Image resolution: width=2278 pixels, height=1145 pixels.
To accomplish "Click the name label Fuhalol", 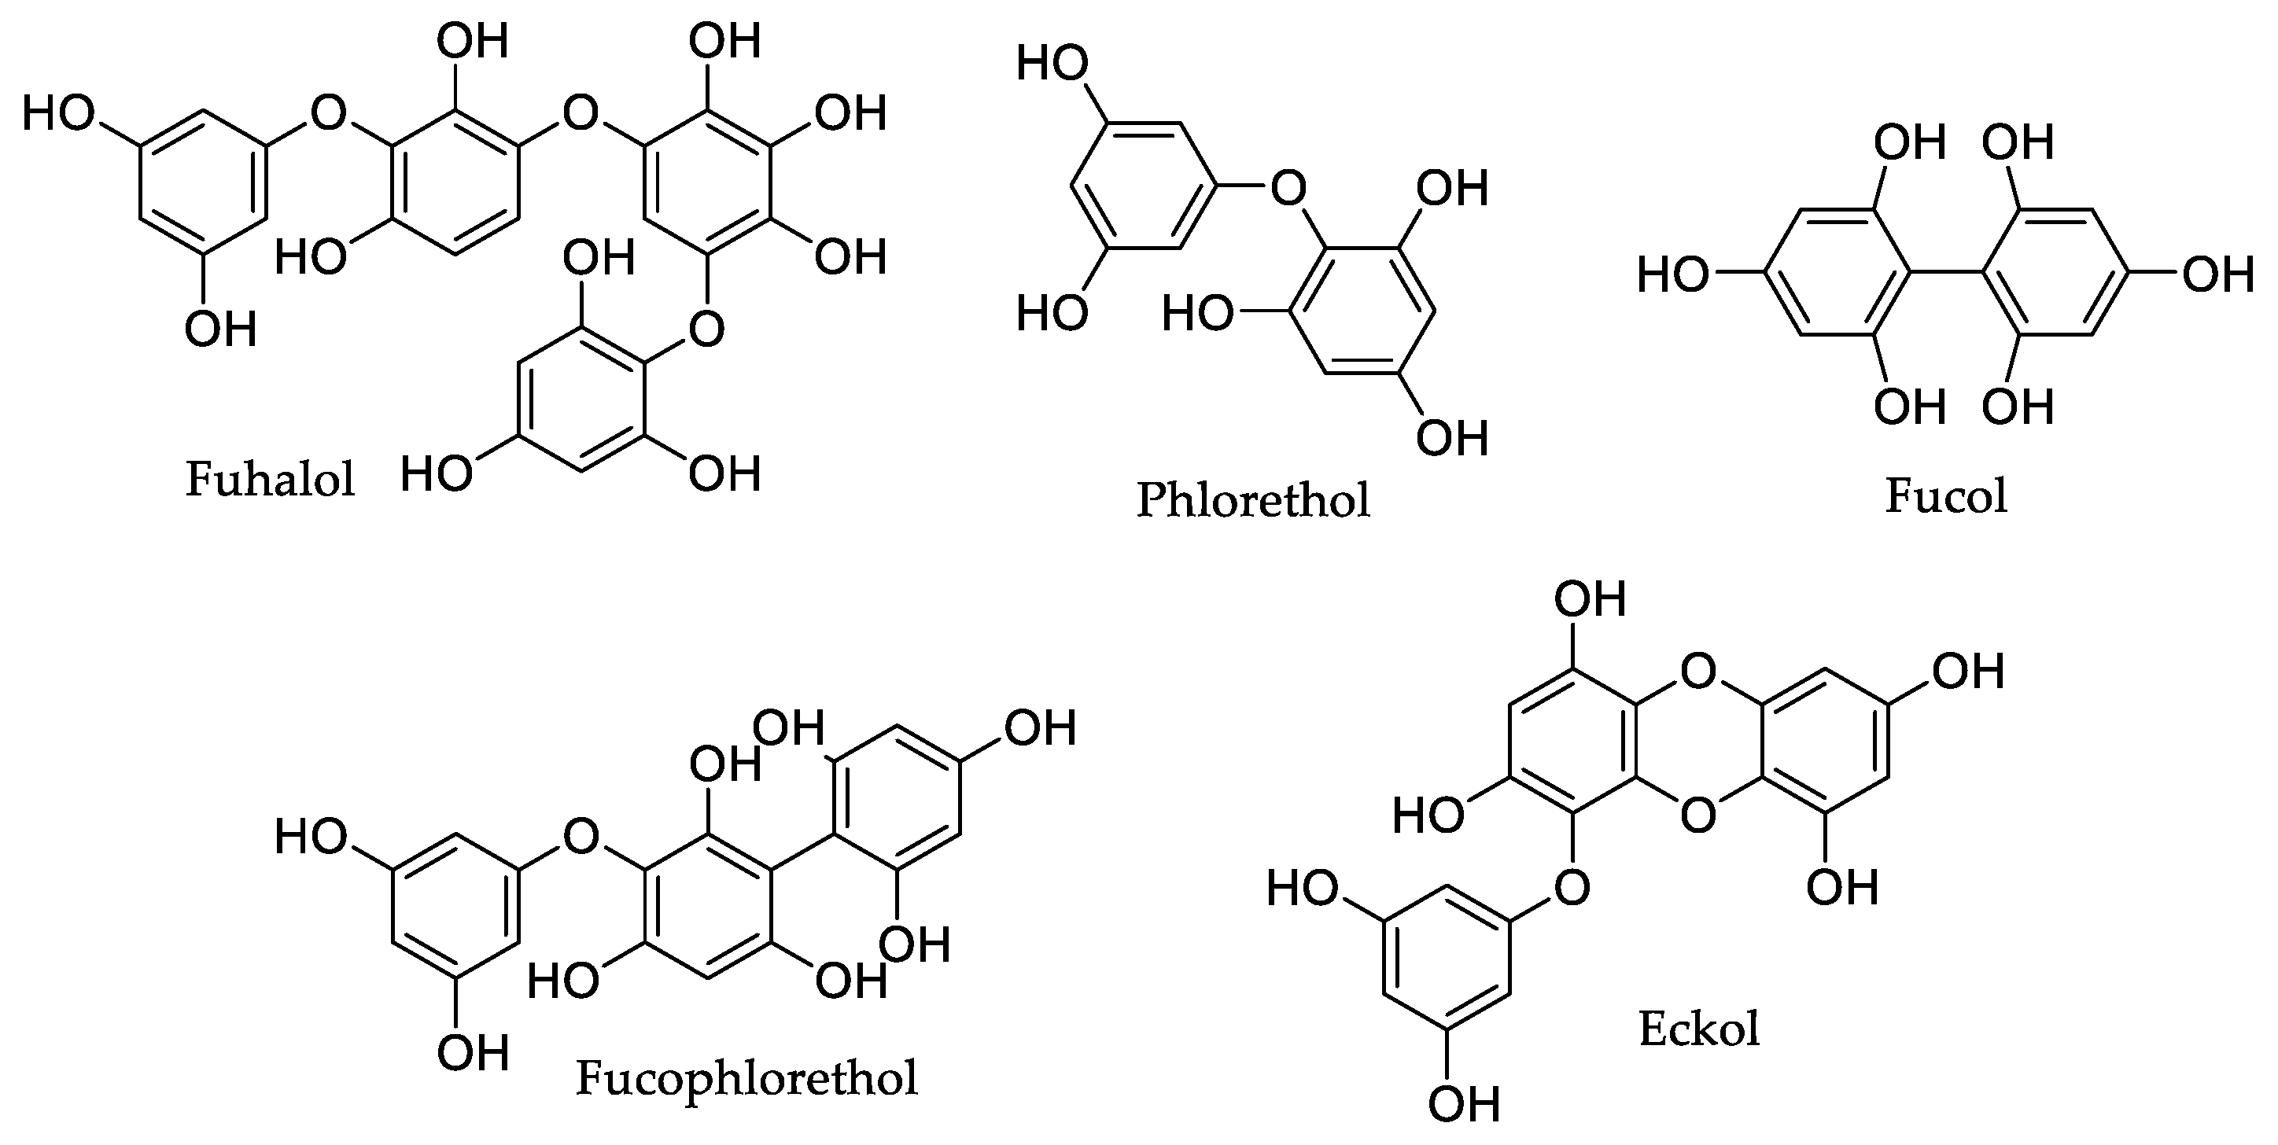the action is [x=270, y=479].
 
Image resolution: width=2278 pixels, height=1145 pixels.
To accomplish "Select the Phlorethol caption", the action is [x=1253, y=499].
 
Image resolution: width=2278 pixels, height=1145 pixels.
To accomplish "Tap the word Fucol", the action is [x=1945, y=496].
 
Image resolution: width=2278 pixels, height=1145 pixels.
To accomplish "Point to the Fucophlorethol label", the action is [x=746, y=1078].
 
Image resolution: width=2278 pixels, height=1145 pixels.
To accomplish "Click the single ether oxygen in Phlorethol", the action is [x=1288, y=187].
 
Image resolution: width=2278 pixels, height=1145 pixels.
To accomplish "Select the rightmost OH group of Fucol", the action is [x=2218, y=275].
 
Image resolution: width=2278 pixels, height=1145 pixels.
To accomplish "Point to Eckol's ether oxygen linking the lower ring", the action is [x=1572, y=887].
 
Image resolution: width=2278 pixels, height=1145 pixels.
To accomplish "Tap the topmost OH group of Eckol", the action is [x=1590, y=599].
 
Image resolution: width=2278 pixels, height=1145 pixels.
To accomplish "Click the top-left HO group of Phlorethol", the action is [x=1052, y=64].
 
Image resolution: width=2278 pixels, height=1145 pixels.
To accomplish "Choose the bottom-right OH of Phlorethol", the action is [x=1452, y=438].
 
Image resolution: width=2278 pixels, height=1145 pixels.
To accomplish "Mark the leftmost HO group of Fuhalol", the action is [x=58, y=113].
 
